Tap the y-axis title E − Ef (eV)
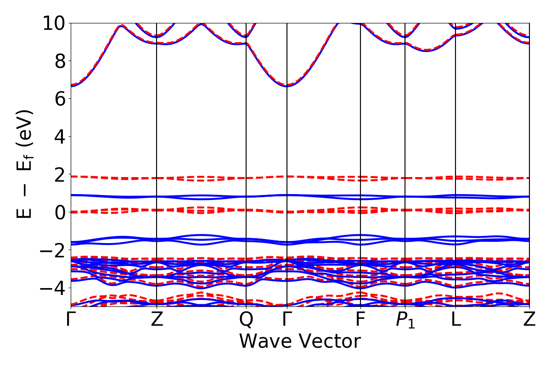pyautogui.click(x=25, y=164)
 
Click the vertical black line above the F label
pyautogui.click(x=360, y=138)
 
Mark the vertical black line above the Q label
pyautogui.click(x=247, y=138)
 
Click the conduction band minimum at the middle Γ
pyautogui.click(x=287, y=86)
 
